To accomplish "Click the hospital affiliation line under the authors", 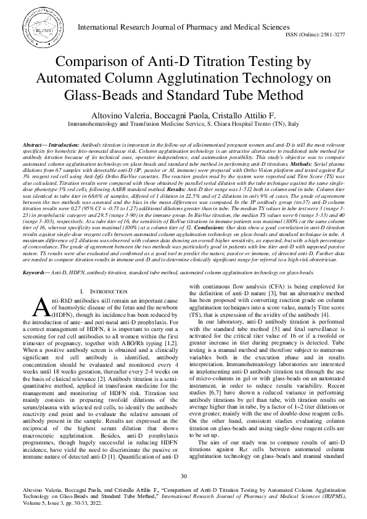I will [183, 125].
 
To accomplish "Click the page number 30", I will [183, 476].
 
